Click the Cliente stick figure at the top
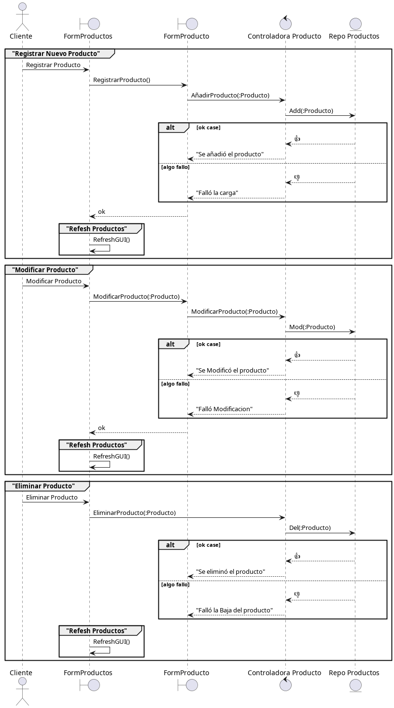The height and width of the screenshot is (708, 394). coord(22,17)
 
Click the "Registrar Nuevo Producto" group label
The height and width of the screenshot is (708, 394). coord(56,54)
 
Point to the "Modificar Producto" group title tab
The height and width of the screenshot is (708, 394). coord(45,270)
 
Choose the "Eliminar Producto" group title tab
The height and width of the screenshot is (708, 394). coord(43,486)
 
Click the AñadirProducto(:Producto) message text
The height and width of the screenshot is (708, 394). coord(230,96)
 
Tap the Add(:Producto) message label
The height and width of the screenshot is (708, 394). coord(311,111)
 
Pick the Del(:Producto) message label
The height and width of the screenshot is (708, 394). coord(310,528)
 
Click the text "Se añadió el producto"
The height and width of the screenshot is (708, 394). coord(230,154)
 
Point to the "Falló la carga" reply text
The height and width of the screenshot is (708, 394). coord(217,193)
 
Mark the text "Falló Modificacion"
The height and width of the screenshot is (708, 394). coord(224,409)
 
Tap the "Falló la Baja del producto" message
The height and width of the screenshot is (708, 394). coord(234,611)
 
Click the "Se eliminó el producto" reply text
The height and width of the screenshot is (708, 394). coord(230,572)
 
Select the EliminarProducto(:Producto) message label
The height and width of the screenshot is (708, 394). coord(134,513)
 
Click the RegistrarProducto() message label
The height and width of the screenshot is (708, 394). coord(122,80)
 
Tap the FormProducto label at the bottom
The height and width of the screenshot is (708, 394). coord(186,673)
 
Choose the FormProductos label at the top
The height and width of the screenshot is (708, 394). coord(88,36)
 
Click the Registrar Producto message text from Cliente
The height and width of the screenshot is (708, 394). coord(53,65)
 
